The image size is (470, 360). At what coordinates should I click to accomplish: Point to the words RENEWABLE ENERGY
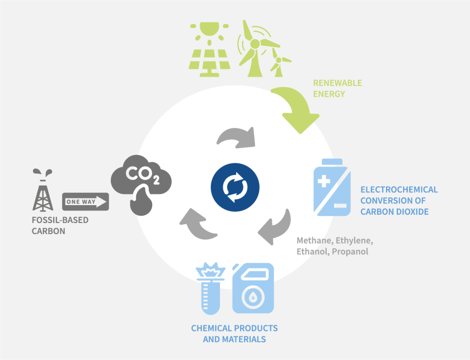click(x=337, y=88)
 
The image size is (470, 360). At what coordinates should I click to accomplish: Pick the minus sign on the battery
click(x=340, y=205)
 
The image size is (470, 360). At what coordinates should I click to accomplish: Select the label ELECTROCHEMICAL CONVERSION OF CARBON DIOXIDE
click(x=399, y=201)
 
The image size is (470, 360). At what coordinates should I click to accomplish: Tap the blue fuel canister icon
click(x=252, y=288)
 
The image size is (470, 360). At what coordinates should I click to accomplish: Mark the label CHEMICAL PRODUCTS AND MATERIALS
click(x=234, y=333)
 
